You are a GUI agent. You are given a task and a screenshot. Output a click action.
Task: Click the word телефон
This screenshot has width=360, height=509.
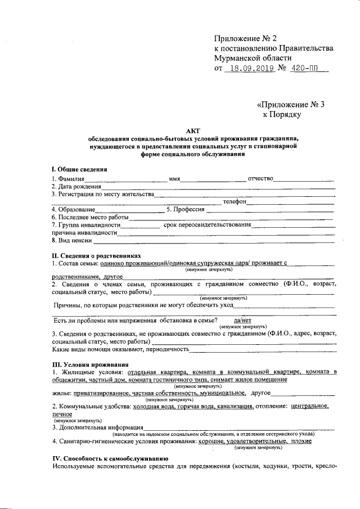click(x=234, y=201)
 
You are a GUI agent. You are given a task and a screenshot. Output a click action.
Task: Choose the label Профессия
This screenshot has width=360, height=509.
click(x=184, y=209)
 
